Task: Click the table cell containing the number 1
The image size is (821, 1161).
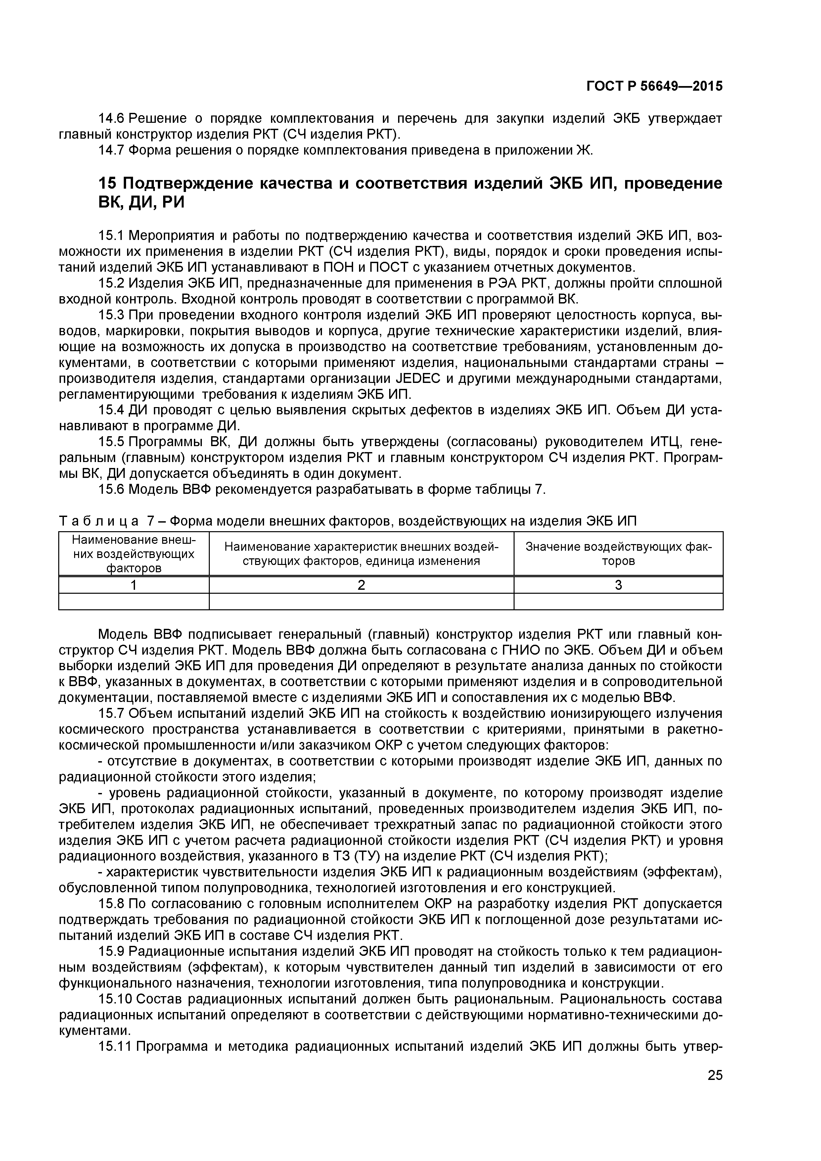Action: pos(134,585)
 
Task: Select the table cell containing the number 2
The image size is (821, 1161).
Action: pos(361,585)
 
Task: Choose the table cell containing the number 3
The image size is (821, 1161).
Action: pos(618,585)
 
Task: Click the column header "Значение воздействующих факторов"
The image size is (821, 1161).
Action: pos(618,554)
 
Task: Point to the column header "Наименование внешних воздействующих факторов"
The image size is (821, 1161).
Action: pos(134,554)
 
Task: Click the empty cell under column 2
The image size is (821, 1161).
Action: pos(361,602)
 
